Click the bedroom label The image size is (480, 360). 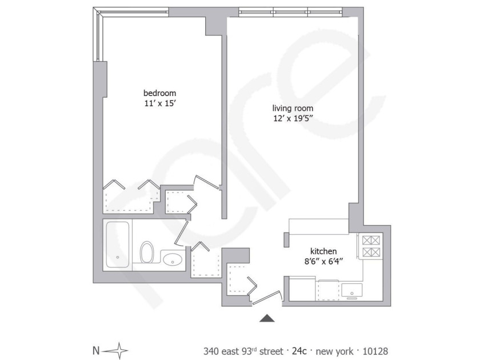tap(160, 93)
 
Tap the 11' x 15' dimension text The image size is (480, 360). tap(160, 103)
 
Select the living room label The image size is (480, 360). tap(293, 108)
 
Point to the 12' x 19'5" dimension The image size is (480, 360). tap(293, 118)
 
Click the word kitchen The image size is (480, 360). tap(323, 251)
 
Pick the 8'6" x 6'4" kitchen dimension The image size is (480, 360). tap(323, 262)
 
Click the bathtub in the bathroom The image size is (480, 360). tap(118, 245)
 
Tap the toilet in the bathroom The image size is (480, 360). tap(147, 252)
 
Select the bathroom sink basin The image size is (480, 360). tap(173, 259)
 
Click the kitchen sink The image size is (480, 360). tap(352, 290)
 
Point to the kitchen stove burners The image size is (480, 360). tap(371, 246)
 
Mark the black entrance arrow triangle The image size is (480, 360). tap(267, 318)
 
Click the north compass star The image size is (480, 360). tap(118, 350)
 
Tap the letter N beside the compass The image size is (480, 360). tap(96, 350)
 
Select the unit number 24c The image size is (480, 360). tap(299, 351)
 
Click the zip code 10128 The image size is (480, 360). tap(375, 351)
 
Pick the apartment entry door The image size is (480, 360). tap(267, 298)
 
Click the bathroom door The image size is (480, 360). tap(182, 233)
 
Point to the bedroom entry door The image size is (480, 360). tap(207, 182)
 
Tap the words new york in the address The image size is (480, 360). tap(334, 351)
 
